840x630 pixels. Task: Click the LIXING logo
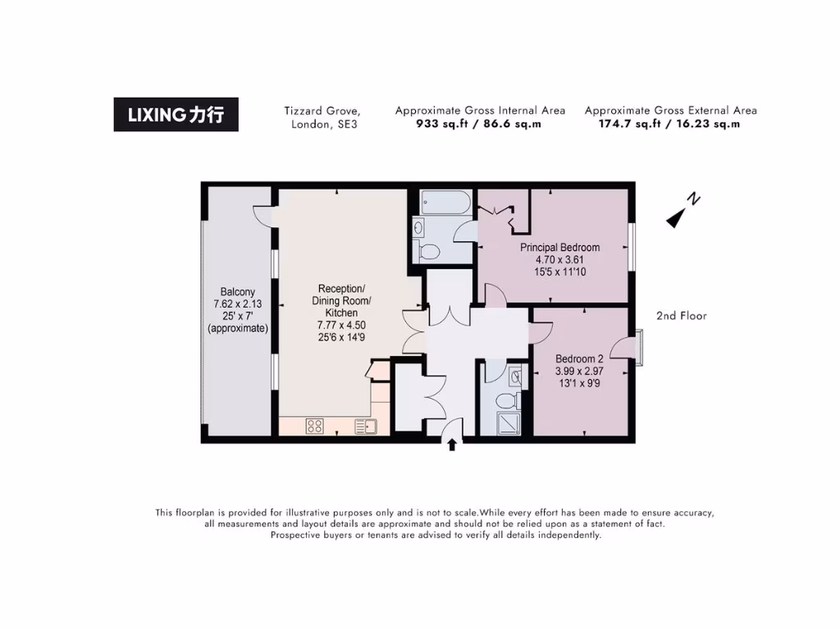[176, 115]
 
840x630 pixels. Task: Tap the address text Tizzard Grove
[322, 110]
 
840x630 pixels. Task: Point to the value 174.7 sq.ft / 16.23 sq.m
[670, 125]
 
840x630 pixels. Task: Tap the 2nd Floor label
[681, 316]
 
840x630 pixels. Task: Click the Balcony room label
[237, 291]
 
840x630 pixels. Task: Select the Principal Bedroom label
[559, 247]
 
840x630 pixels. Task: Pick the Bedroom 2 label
[579, 358]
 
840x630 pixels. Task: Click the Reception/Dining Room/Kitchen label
[343, 300]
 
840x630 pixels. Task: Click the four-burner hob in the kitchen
[314, 426]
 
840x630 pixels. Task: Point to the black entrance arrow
[451, 444]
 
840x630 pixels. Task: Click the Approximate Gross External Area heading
[670, 110]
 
